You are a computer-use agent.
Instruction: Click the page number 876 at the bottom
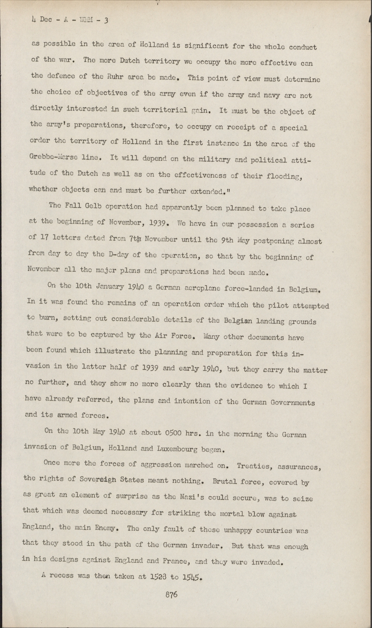coord(171,595)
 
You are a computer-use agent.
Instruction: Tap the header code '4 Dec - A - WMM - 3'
coord(70,19)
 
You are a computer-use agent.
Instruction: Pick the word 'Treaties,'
coord(256,466)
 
